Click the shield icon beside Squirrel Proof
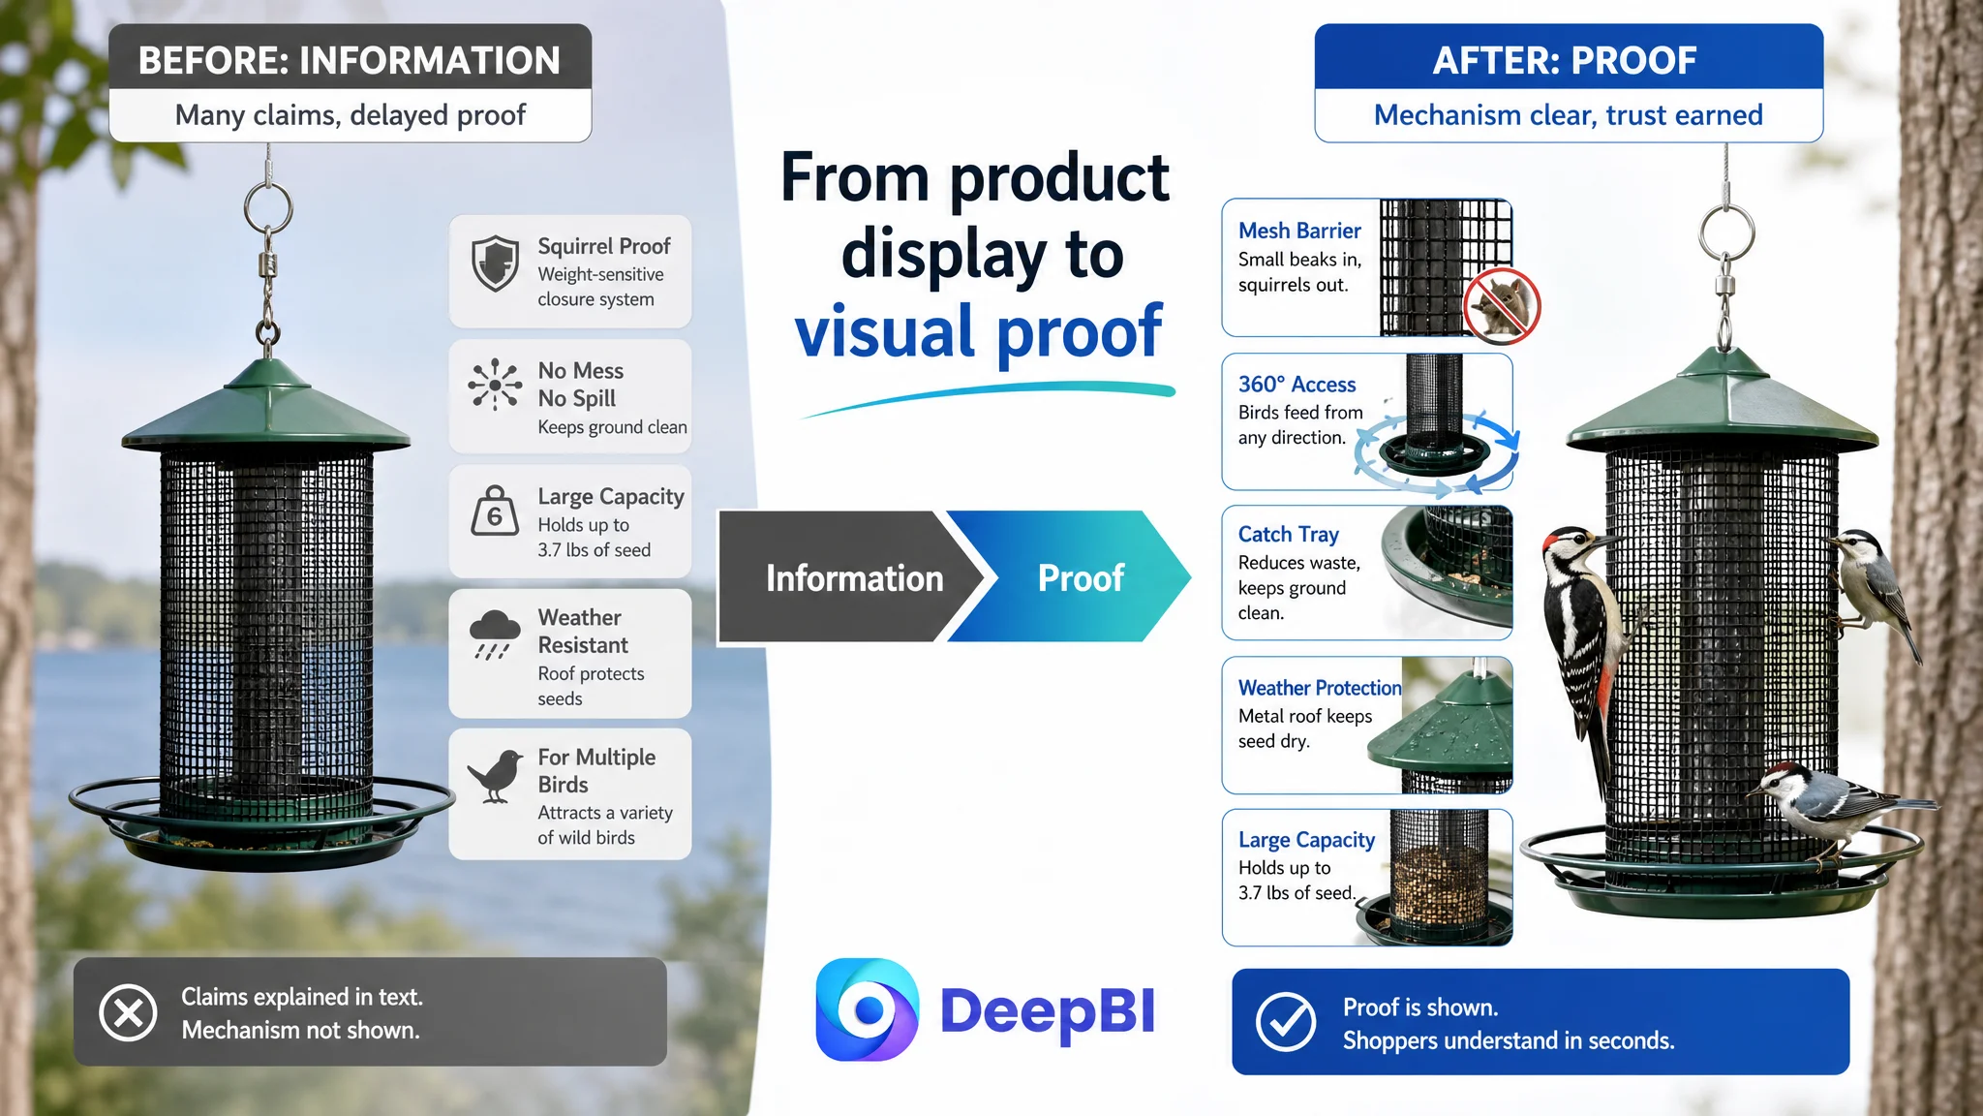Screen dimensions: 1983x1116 point(495,263)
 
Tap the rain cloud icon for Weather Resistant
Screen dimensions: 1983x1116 point(495,635)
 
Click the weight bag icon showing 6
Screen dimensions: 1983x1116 point(495,511)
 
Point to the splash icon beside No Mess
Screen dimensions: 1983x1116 point(495,385)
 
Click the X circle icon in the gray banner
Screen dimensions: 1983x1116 point(128,1012)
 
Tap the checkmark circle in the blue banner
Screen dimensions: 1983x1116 point(1286,1021)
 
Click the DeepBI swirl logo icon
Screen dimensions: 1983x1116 point(868,1009)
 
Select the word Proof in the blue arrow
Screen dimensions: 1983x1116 point(1081,578)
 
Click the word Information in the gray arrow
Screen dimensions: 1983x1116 point(854,578)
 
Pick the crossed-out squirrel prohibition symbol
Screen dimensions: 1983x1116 point(1501,306)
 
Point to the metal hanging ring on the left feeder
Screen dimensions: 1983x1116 point(268,207)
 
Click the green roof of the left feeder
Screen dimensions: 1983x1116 point(266,405)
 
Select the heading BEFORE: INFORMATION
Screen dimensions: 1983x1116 point(350,60)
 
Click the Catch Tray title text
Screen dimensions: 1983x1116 point(1288,534)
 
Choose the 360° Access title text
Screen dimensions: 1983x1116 point(1297,385)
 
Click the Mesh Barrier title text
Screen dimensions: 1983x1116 point(1299,231)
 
